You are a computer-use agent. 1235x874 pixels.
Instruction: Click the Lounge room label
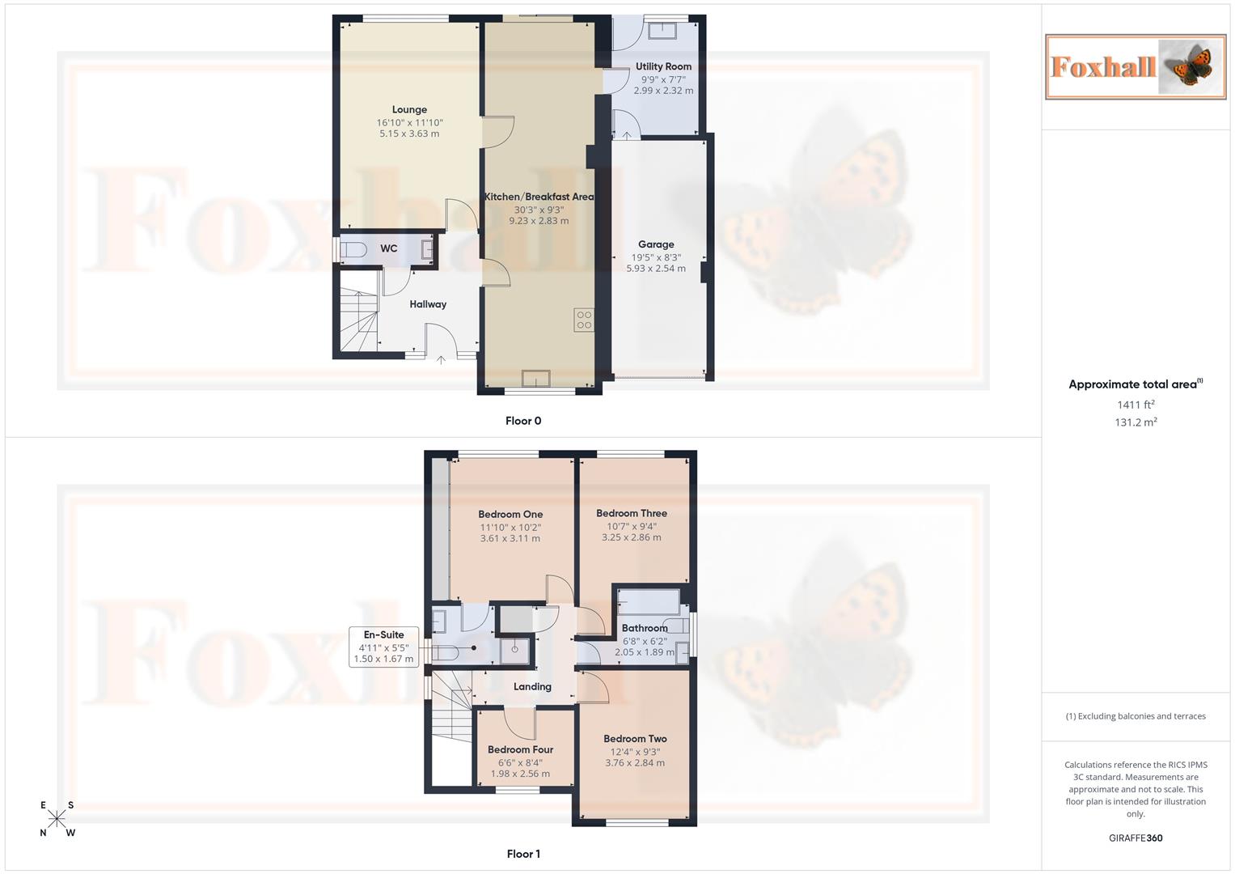coord(409,109)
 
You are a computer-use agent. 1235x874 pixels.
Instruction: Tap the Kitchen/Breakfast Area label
coord(539,197)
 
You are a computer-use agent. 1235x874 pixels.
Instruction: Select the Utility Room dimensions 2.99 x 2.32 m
coord(663,91)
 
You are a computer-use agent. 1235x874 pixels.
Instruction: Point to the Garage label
coord(655,244)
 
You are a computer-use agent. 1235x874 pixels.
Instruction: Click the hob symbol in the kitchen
coord(584,320)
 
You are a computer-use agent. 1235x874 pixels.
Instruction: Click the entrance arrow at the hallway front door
coord(441,359)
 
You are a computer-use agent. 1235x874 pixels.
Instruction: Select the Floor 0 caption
coord(523,421)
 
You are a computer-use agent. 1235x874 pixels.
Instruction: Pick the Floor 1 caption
coord(523,854)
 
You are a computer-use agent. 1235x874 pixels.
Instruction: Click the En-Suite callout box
coord(383,647)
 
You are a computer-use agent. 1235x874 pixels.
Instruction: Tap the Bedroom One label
coord(510,514)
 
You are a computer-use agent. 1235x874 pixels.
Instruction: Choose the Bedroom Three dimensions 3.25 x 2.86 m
coord(631,537)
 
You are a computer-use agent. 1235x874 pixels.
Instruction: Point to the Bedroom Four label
coord(520,749)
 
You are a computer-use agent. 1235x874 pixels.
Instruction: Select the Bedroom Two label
coord(635,738)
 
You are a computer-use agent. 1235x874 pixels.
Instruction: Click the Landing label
coord(532,686)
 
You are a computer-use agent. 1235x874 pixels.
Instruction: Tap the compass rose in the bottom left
coord(57,819)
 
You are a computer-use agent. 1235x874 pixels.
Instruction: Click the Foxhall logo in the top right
coord(1136,66)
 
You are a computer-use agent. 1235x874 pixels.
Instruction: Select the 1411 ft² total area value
coord(1136,405)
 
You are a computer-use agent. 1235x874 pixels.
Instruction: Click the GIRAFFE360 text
coord(1136,838)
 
